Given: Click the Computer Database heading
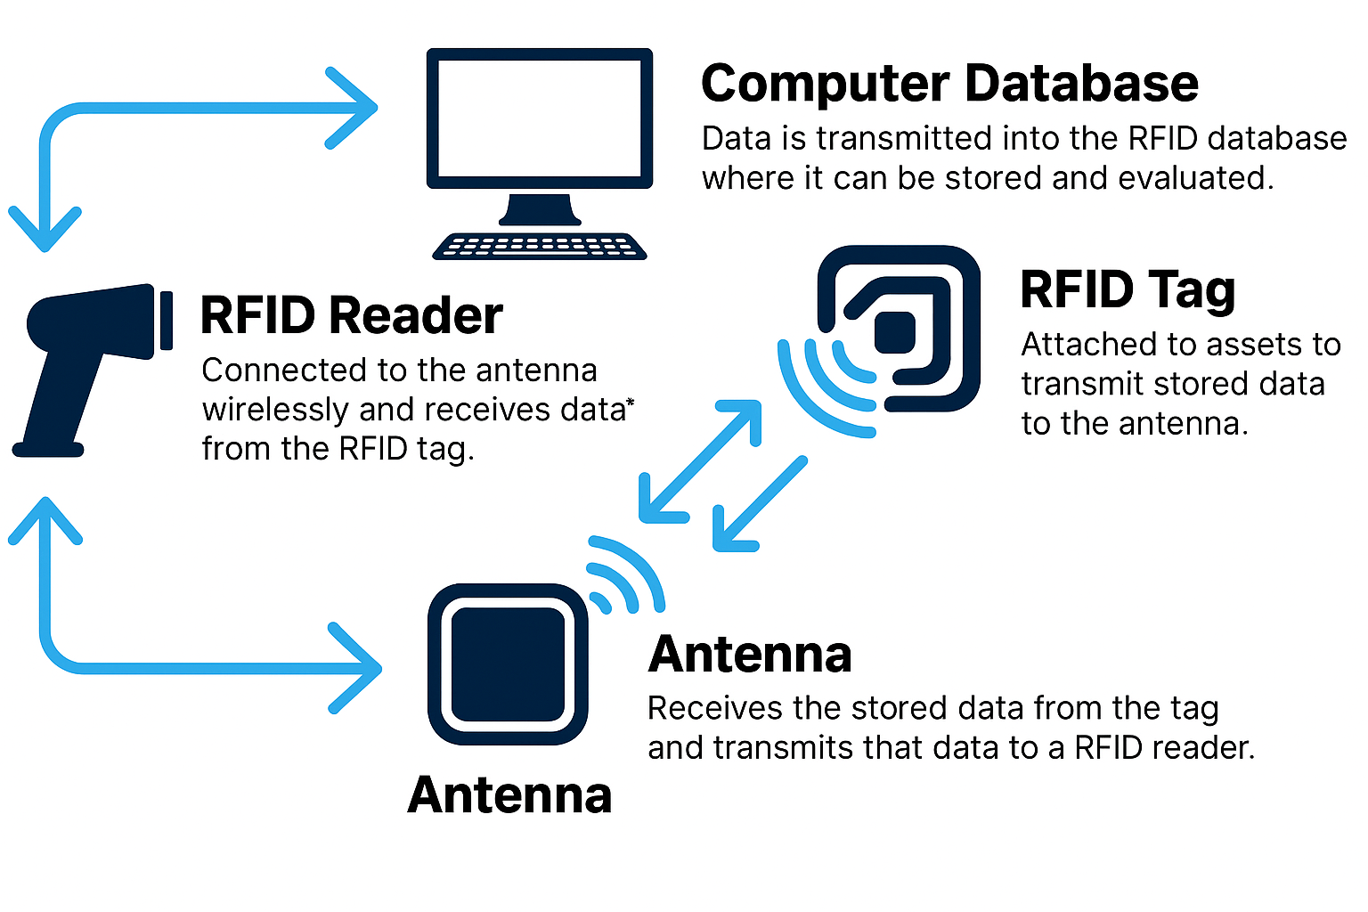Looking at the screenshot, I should click(x=949, y=84).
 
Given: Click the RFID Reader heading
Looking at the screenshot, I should click(x=351, y=315).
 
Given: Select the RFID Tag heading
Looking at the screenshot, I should click(x=1128, y=290).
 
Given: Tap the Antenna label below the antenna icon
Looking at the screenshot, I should click(x=509, y=794).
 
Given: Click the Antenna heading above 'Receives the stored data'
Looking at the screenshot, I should click(x=750, y=655).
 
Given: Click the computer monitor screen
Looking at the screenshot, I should click(x=540, y=118).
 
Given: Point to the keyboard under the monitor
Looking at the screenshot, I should click(x=540, y=246).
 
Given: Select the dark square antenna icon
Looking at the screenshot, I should click(x=508, y=664).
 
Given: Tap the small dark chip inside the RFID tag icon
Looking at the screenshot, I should click(x=895, y=332).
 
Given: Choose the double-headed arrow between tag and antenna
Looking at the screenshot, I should click(x=700, y=461).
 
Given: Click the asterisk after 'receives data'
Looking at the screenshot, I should click(x=630, y=405).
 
